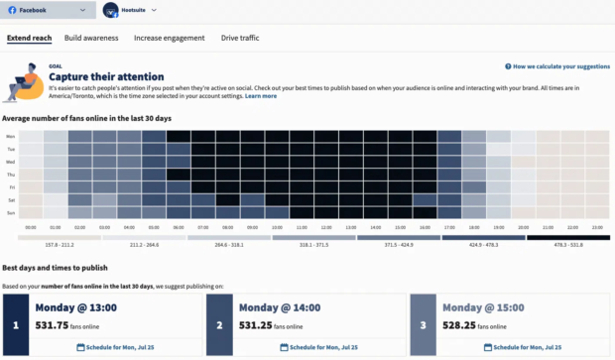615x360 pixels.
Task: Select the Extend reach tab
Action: (x=30, y=38)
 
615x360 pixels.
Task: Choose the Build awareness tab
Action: (x=91, y=38)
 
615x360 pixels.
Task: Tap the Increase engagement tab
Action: (x=169, y=38)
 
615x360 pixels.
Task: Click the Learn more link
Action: (x=261, y=96)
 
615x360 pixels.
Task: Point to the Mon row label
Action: (x=10, y=136)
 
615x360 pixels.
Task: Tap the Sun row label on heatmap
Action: (x=10, y=213)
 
